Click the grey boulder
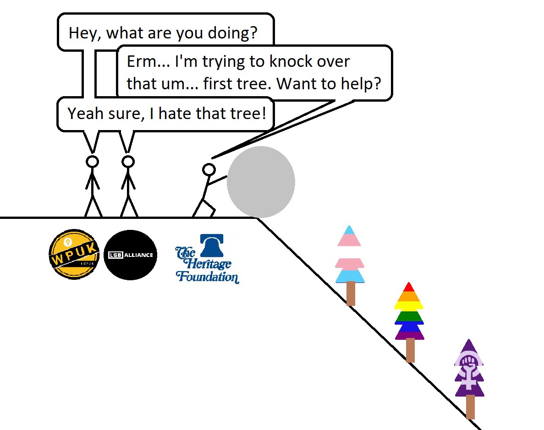pos(261,182)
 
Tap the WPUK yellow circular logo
pos(74,254)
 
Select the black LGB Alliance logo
pos(131,255)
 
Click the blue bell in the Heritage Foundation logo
pos(211,245)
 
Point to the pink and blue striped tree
pos(350,256)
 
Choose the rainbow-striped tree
pos(409,311)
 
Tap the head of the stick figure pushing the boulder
pos(209,169)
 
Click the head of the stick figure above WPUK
pos(93,162)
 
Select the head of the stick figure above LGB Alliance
pos(128,162)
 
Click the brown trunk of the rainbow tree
pos(410,350)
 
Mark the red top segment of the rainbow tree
pos(409,287)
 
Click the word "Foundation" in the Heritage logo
pos(207,277)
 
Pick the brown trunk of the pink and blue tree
pos(351,294)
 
